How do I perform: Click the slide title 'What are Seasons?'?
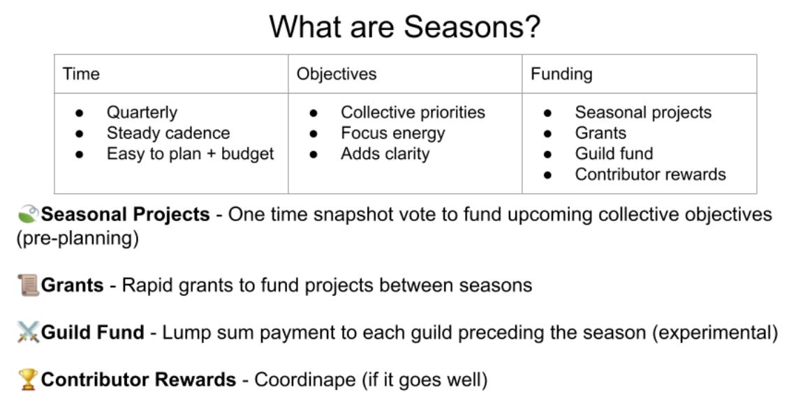pyautogui.click(x=404, y=27)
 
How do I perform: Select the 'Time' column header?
pyautogui.click(x=81, y=74)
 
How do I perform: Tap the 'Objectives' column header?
pyautogui.click(x=337, y=74)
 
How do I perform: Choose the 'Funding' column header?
pyautogui.click(x=561, y=74)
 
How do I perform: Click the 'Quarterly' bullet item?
pyautogui.click(x=142, y=112)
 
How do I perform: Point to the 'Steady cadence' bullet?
pyautogui.click(x=168, y=133)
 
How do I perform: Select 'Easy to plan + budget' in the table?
pyautogui.click(x=191, y=153)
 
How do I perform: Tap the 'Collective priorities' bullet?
pyautogui.click(x=413, y=112)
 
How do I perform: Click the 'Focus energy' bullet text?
pyautogui.click(x=393, y=133)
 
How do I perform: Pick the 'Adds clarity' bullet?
pyautogui.click(x=385, y=153)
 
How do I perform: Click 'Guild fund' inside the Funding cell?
pyautogui.click(x=614, y=153)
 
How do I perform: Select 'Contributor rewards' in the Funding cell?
pyautogui.click(x=650, y=174)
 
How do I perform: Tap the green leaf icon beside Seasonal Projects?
pyautogui.click(x=28, y=214)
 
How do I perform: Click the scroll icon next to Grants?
pyautogui.click(x=28, y=285)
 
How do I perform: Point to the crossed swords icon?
pyautogui.click(x=28, y=332)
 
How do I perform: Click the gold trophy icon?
pyautogui.click(x=28, y=380)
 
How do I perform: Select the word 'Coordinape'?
pyautogui.click(x=304, y=380)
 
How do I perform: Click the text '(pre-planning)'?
pyautogui.click(x=78, y=238)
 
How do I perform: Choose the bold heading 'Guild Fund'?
pyautogui.click(x=92, y=332)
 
